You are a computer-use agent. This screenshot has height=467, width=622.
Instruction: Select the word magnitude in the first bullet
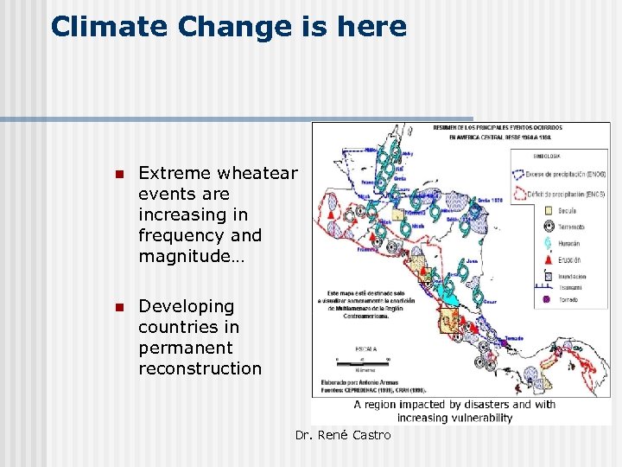(x=188, y=256)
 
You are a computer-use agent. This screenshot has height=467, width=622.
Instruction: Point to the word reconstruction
(x=200, y=368)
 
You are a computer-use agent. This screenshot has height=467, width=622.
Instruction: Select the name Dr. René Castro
(x=343, y=435)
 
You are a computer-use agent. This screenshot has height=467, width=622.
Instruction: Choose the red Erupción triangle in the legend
(x=548, y=259)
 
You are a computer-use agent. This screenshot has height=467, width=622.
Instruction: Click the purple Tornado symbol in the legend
(x=548, y=300)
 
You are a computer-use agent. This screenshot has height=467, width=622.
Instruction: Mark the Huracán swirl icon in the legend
(x=548, y=244)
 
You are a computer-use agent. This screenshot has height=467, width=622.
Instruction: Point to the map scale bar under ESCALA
(x=363, y=359)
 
